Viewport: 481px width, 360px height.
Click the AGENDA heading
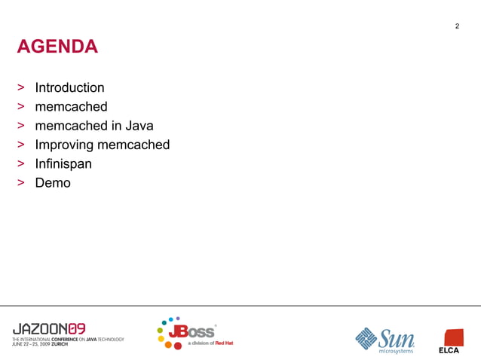[57, 47]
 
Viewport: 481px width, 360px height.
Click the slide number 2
[457, 28]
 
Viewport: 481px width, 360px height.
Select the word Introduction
[69, 88]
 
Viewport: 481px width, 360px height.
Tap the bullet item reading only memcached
[71, 107]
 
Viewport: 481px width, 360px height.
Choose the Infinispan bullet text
[63, 163]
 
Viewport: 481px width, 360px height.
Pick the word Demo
[53, 182]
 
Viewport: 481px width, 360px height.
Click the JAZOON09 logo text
[49, 328]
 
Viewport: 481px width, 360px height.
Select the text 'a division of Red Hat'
[210, 343]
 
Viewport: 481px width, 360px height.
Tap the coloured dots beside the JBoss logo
[167, 333]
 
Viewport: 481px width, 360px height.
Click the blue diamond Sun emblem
[366, 338]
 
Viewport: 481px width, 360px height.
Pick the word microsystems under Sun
[395, 350]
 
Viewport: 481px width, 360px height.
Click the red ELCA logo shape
[453, 337]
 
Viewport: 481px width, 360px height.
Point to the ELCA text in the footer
[449, 350]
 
